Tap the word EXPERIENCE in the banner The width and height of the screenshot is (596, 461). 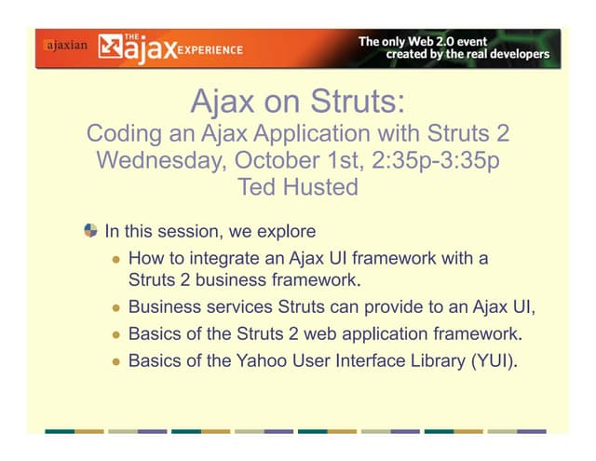211,49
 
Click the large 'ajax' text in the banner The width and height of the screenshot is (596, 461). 149,48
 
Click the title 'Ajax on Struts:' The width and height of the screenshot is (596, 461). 298,100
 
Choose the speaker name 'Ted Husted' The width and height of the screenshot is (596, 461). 298,187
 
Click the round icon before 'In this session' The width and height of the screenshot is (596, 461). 89,231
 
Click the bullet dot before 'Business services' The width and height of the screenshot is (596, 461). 116,306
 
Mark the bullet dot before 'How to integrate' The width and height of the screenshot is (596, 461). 116,259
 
